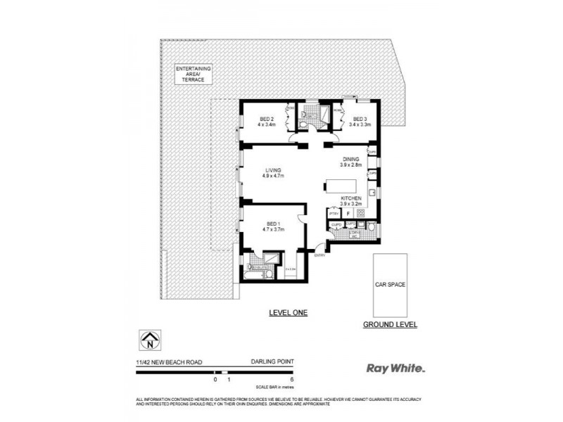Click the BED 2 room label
pos(265,118)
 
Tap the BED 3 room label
pos(359,118)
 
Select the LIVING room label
pos(273,170)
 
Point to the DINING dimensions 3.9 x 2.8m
pos(351,166)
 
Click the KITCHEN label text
pos(351,199)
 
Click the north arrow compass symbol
pos(148,340)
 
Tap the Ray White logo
pos(396,366)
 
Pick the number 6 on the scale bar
pos(291,379)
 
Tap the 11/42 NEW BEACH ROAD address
pos(169,362)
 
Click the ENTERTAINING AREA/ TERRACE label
pos(194,74)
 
